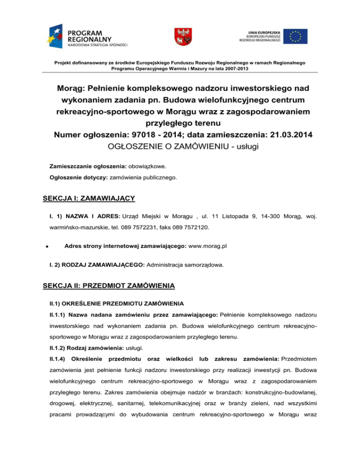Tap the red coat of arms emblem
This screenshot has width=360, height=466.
tap(180, 36)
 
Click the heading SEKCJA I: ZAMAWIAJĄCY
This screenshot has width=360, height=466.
tap(89, 199)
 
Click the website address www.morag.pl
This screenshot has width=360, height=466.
tap(211, 246)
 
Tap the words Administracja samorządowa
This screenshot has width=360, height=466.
tap(185, 265)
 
